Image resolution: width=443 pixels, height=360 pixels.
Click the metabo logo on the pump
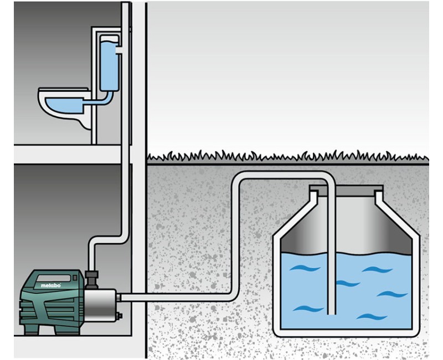(x=50, y=285)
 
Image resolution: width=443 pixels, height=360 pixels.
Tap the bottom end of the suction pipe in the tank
(x=331, y=313)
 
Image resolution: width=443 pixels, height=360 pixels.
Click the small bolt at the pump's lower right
(x=119, y=315)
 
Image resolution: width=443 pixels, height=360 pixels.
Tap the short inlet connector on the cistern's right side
(x=120, y=50)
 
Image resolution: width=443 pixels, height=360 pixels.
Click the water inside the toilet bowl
(x=64, y=106)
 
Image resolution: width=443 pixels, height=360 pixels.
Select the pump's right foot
(x=65, y=330)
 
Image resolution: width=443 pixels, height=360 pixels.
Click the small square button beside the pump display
(x=75, y=278)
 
